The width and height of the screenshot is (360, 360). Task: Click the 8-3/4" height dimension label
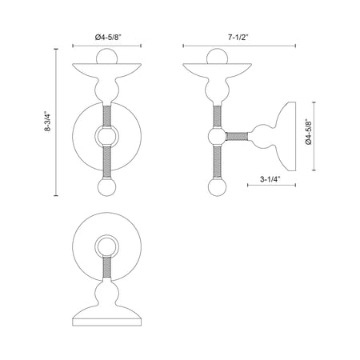(47, 122)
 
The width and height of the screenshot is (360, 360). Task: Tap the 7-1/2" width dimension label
(238, 38)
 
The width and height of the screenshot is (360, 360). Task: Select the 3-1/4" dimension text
(270, 179)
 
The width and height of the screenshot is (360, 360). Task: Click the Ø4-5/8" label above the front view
(108, 38)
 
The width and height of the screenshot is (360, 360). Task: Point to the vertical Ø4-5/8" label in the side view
(309, 132)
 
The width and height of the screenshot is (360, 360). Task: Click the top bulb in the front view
(106, 56)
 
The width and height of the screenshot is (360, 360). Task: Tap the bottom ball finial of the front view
(106, 187)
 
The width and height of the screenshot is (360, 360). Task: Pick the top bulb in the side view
(218, 56)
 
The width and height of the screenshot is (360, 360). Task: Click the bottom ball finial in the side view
(218, 187)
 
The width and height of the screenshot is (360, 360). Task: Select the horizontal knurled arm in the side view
(237, 136)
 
